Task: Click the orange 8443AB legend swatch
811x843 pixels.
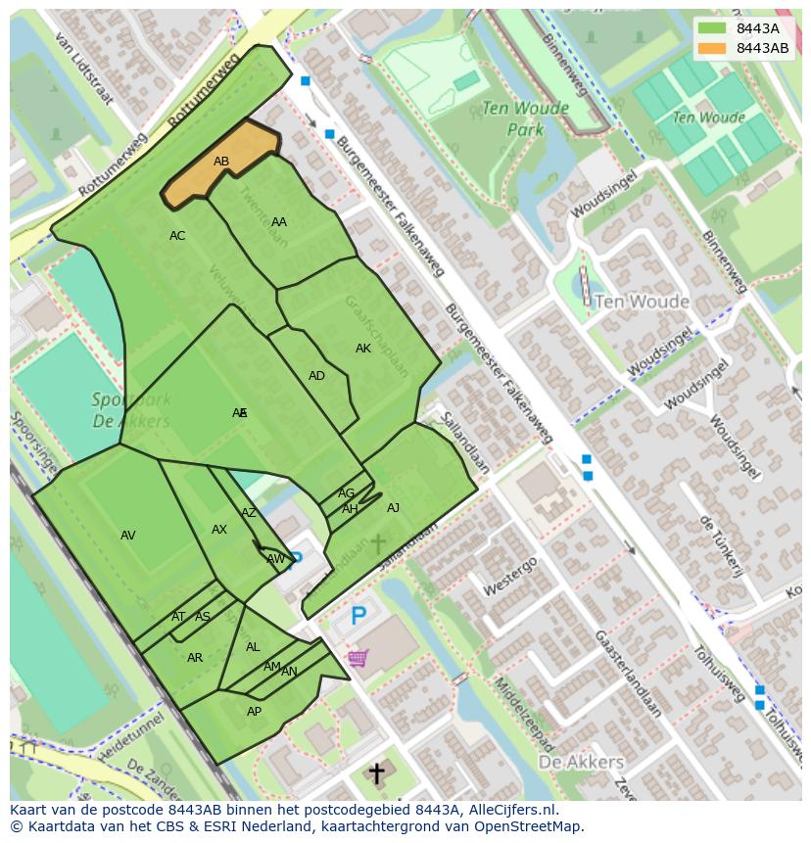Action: pyautogui.click(x=713, y=48)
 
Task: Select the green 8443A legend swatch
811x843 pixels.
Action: pyautogui.click(x=713, y=28)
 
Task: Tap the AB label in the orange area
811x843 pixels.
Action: pyautogui.click(x=221, y=162)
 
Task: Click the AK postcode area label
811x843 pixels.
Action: pyautogui.click(x=363, y=349)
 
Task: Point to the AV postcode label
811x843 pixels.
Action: pyautogui.click(x=128, y=536)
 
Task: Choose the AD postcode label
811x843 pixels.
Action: pyautogui.click(x=316, y=376)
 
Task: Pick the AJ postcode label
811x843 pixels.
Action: pyautogui.click(x=393, y=508)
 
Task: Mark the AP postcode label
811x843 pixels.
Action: pyautogui.click(x=254, y=712)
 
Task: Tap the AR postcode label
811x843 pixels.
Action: pyautogui.click(x=195, y=658)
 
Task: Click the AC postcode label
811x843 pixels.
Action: pyautogui.click(x=177, y=236)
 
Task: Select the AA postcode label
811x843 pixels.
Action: pyautogui.click(x=279, y=222)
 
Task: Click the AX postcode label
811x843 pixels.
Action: pyautogui.click(x=219, y=530)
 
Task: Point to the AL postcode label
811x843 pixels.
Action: pyautogui.click(x=253, y=647)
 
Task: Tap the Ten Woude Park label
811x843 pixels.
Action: pyautogui.click(x=511, y=118)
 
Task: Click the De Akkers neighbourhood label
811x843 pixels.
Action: pyautogui.click(x=581, y=761)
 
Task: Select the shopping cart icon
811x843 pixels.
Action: pyautogui.click(x=358, y=658)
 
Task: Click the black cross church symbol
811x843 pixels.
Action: pyautogui.click(x=376, y=773)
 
